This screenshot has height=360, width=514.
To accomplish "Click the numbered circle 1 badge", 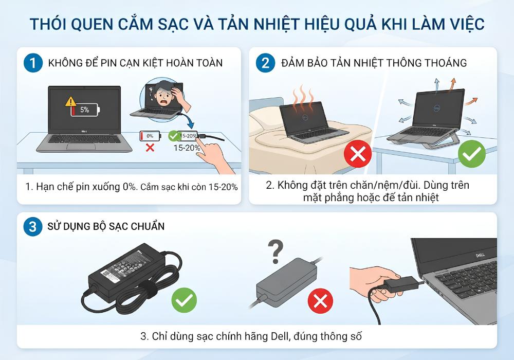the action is tap(33, 63).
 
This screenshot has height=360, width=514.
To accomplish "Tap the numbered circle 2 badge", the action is tap(266, 63).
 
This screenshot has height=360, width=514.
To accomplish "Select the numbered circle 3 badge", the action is tap(33, 226).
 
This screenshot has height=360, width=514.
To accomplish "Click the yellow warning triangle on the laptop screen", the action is tap(70, 101).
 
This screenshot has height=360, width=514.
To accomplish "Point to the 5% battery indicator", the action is tap(85, 110).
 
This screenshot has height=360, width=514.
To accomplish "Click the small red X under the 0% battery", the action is tap(150, 148).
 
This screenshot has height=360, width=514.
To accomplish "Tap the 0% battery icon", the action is tap(150, 136).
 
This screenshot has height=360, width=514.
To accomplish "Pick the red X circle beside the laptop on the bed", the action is tap(358, 154).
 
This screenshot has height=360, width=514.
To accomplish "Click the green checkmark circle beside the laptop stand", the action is tap(472, 154).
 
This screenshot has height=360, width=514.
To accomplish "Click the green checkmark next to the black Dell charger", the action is tap(184, 300).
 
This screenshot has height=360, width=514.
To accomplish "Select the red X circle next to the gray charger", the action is tap(320, 301).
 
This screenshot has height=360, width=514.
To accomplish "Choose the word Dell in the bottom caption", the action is tap(280, 336).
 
